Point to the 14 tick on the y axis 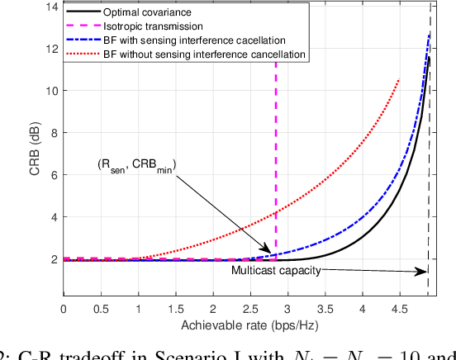click(52, 7)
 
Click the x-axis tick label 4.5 click(399, 309)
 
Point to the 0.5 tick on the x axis click(101, 309)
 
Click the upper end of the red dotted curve click(400, 80)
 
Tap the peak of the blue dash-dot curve click(430, 33)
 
